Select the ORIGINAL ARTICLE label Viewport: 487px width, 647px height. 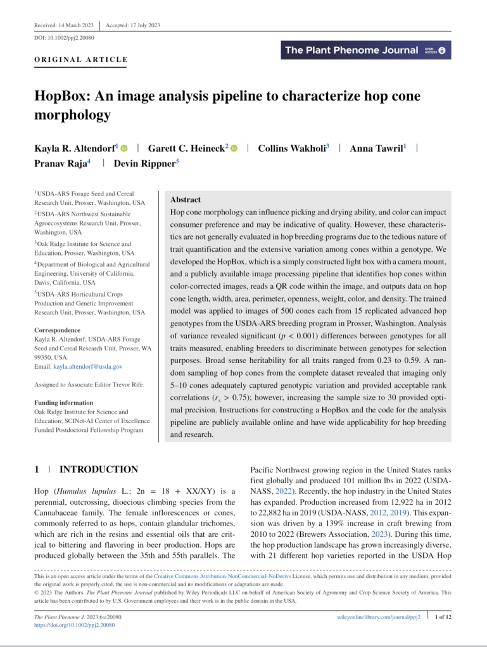(x=81, y=60)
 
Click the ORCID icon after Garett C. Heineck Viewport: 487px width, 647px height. (x=234, y=148)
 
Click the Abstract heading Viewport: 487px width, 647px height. (x=186, y=199)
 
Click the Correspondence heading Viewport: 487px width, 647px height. (x=58, y=330)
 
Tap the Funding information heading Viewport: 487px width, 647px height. (x=64, y=402)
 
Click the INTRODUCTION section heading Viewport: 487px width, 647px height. (x=98, y=469)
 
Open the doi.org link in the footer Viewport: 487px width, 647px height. (x=75, y=624)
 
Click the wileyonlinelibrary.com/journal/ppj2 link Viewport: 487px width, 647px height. (x=378, y=616)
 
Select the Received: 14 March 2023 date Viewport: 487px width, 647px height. (x=64, y=25)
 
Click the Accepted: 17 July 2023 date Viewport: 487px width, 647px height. (x=132, y=25)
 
